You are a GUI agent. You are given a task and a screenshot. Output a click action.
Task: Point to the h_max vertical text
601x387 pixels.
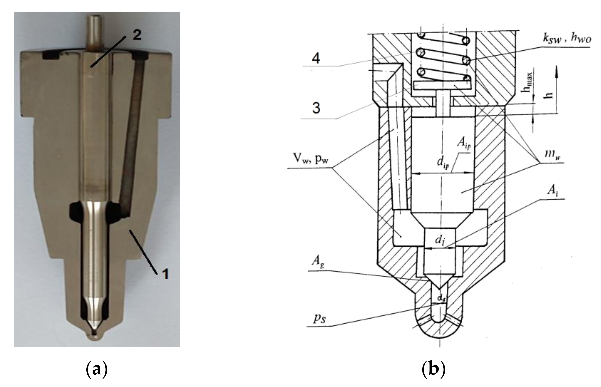pyautogui.click(x=530, y=83)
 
